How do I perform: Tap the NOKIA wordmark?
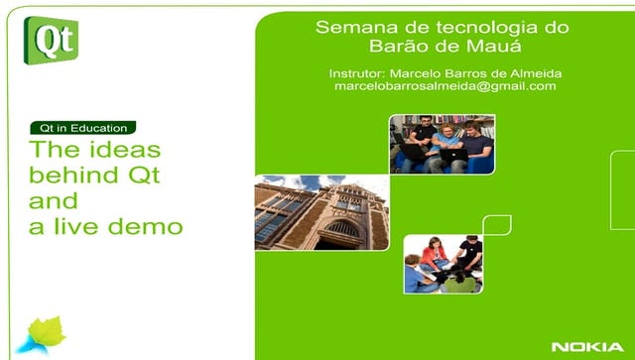[587, 346]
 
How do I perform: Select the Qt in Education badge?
[82, 128]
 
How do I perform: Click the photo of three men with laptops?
[442, 145]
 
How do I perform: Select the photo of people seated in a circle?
[444, 264]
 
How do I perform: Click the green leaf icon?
[46, 333]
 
